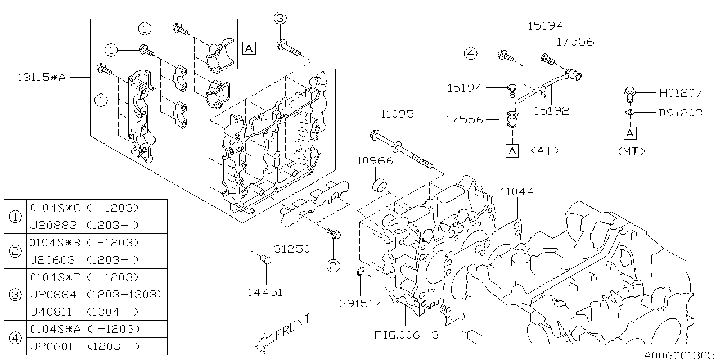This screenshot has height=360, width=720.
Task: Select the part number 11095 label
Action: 397,114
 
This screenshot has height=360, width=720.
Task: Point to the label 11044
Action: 517,192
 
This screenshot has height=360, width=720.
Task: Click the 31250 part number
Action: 292,248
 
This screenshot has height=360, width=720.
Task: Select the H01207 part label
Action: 681,93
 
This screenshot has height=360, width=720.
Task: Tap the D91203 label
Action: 681,112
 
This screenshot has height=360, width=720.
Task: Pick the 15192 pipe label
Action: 551,111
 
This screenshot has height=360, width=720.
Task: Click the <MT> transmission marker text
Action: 631,151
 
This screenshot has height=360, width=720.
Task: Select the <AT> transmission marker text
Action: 544,151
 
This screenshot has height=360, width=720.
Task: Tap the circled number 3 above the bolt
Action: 280,19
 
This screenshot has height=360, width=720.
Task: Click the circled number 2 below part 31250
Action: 334,265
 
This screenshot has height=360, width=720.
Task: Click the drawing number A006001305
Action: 679,354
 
